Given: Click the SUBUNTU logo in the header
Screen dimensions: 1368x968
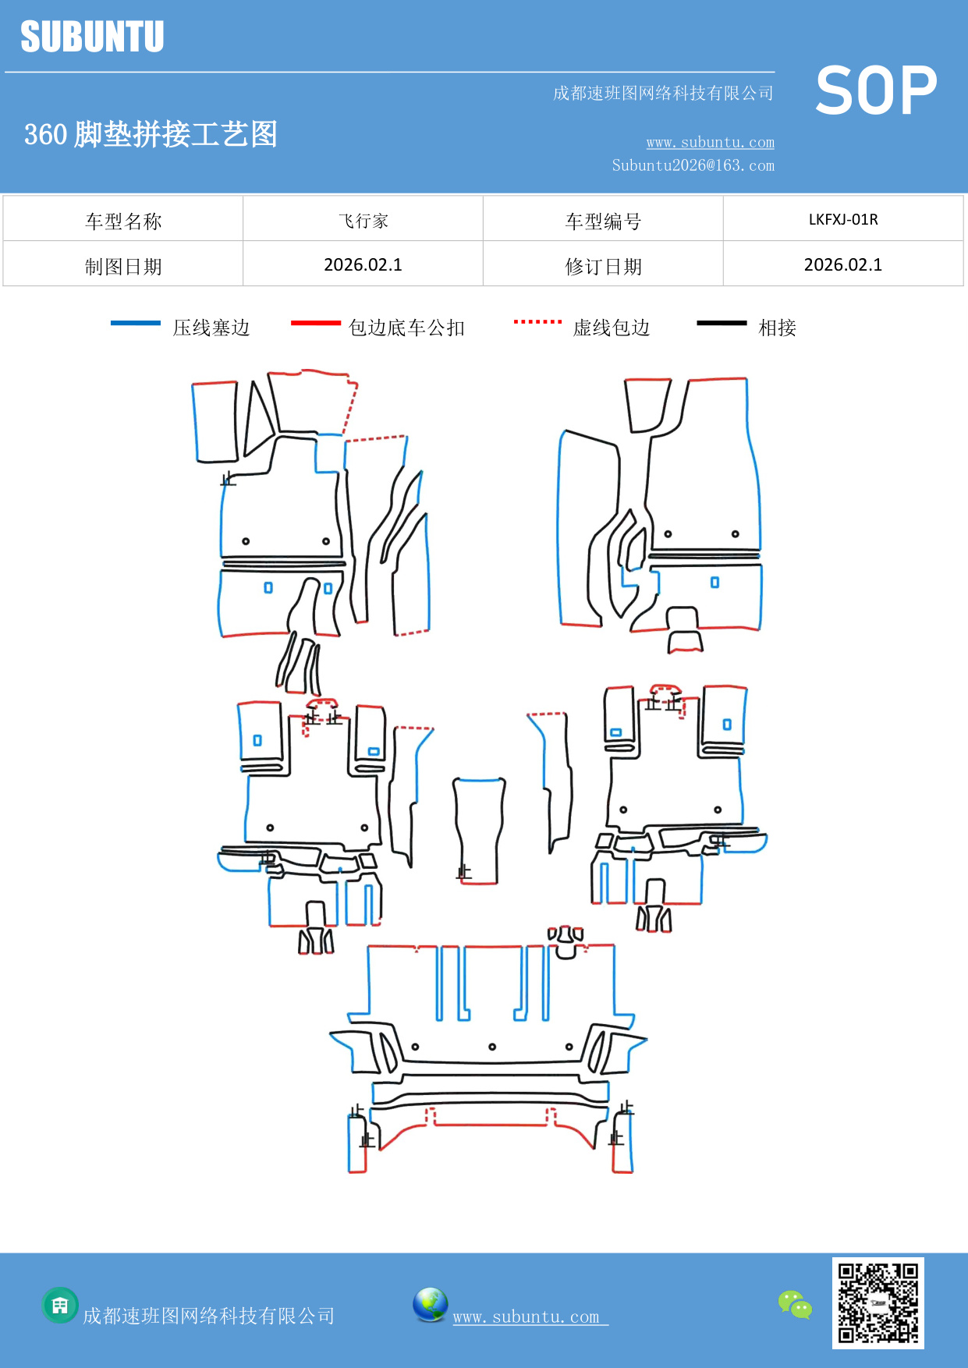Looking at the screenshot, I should [x=92, y=37].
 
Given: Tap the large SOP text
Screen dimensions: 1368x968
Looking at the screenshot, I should [x=876, y=90].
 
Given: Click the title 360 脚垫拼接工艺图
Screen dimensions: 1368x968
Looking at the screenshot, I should [x=151, y=134].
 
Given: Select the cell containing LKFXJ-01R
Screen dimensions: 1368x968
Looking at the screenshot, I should [x=843, y=219].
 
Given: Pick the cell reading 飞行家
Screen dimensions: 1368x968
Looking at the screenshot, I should [x=363, y=221].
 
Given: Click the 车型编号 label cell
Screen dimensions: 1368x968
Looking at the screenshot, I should [x=603, y=221].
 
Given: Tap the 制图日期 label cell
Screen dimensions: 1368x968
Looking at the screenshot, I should [x=123, y=266].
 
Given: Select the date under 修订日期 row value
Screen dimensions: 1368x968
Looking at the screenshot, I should [x=843, y=265].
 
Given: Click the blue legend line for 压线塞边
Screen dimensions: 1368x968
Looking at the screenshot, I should [x=136, y=323].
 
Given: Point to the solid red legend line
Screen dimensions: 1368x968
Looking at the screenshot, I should [x=315, y=323].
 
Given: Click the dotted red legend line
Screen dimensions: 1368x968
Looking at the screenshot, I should [x=537, y=321].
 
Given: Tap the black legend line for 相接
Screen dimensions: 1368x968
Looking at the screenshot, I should [x=722, y=323].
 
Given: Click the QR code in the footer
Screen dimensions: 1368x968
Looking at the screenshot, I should [x=878, y=1302].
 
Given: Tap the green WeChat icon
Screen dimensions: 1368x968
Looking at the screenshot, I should [x=795, y=1304].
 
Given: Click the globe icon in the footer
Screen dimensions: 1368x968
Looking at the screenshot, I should [x=430, y=1304].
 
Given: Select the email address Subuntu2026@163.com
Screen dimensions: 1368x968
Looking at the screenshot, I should [x=693, y=165].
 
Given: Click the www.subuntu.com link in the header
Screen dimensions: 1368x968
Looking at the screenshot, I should [x=710, y=142].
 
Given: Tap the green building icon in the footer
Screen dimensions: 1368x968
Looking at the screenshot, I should [x=60, y=1305].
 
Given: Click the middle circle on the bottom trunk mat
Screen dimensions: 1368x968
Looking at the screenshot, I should [x=492, y=1047].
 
